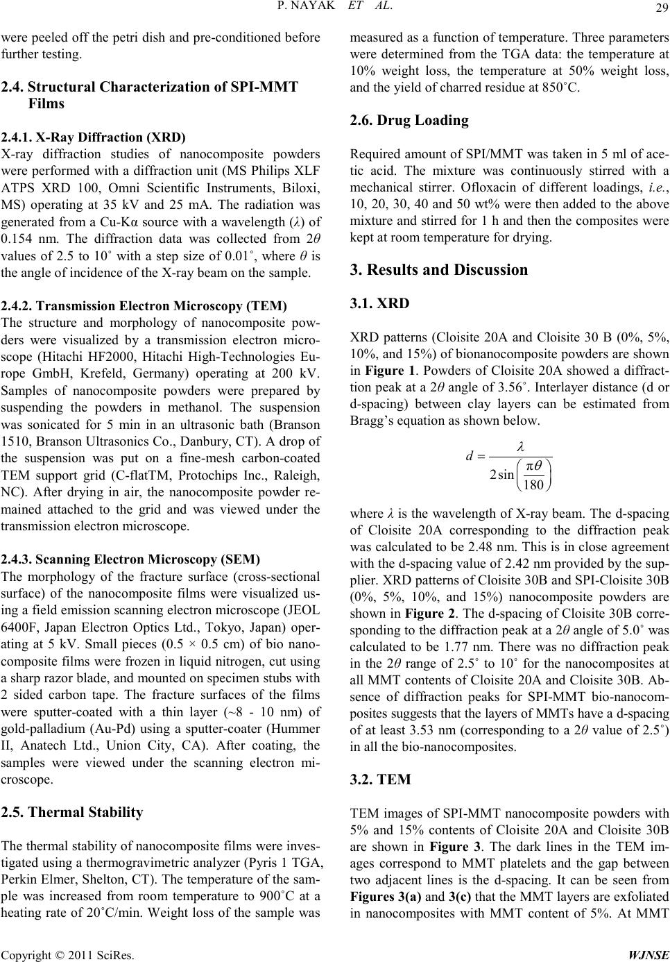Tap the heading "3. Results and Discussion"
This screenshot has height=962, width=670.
(440, 269)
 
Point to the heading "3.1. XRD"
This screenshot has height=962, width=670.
(381, 303)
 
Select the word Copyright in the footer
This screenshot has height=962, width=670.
(25, 952)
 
